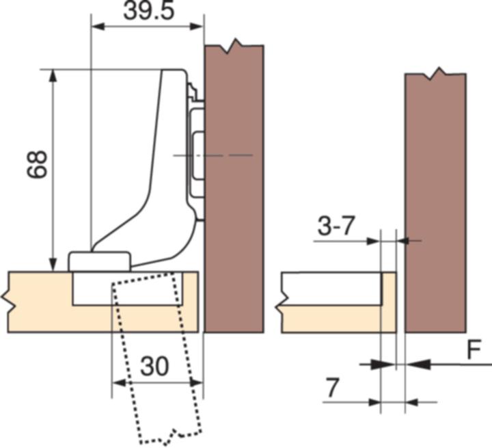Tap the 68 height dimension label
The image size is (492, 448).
(37, 165)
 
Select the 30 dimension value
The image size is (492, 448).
(154, 367)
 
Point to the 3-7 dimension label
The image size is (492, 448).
(336, 226)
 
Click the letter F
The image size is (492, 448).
(474, 350)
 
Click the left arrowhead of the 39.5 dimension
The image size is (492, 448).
(97, 27)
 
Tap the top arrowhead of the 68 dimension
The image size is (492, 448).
(53, 76)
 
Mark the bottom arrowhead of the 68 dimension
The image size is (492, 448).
(53, 264)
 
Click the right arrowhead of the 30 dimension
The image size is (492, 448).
(196, 382)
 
